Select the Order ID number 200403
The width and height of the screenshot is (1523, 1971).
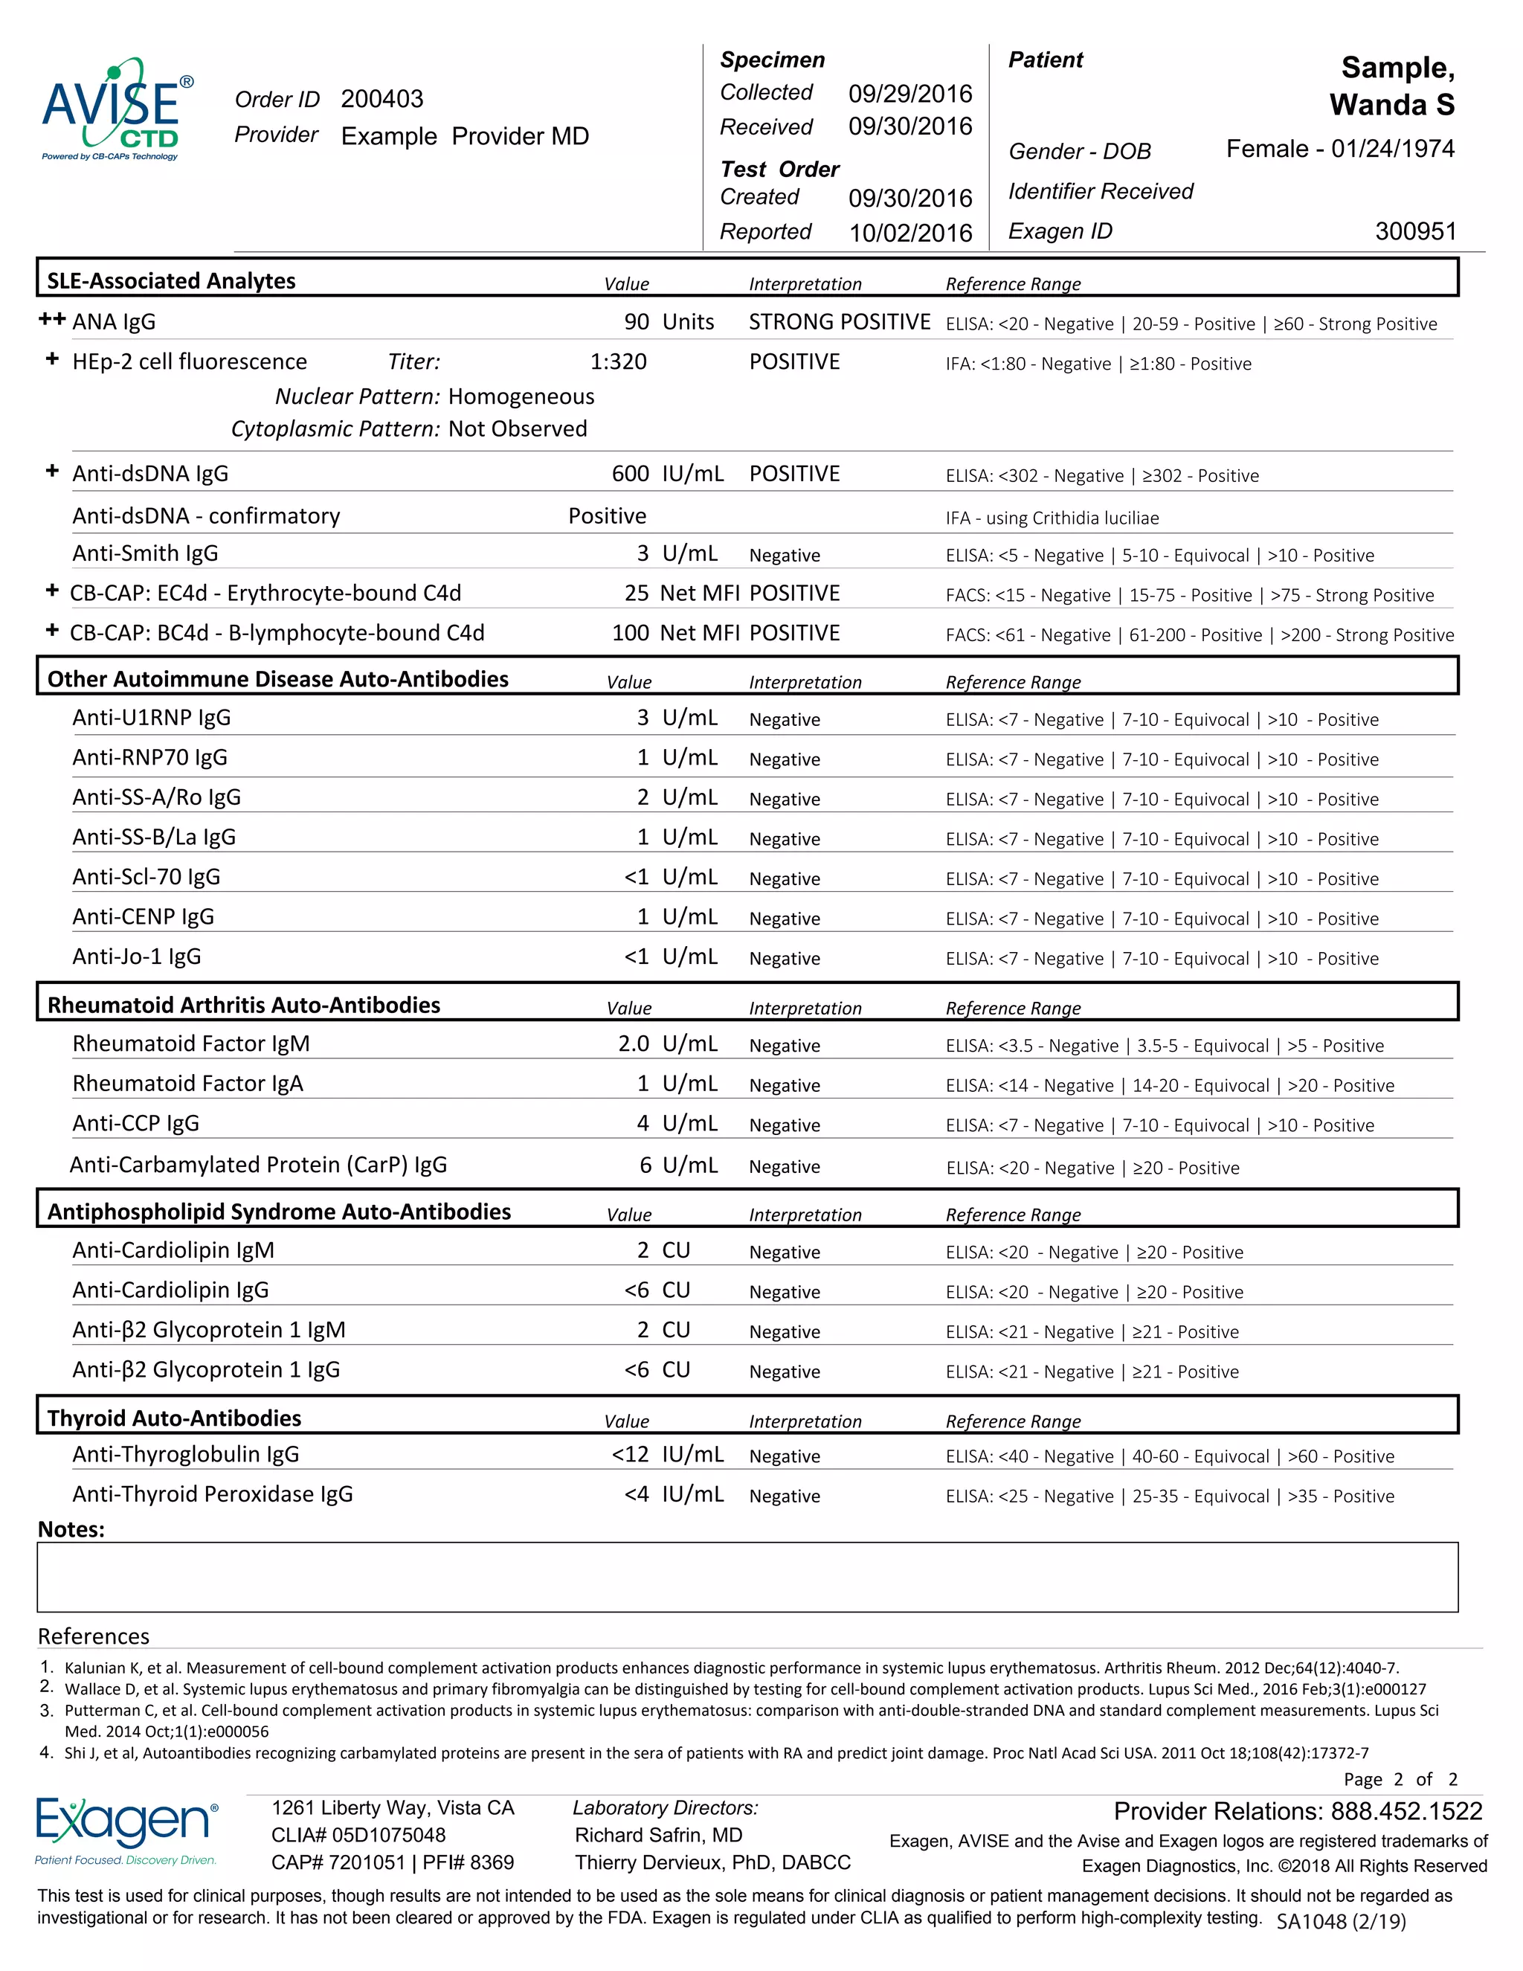click(x=381, y=98)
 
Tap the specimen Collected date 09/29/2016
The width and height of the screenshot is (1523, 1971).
click(x=909, y=93)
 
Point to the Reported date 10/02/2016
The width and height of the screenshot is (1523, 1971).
click(x=909, y=233)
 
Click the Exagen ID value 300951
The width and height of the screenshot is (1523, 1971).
click(x=1414, y=231)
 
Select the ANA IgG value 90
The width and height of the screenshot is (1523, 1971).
click(x=636, y=322)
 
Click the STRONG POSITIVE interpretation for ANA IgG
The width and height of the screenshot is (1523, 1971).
click(x=839, y=322)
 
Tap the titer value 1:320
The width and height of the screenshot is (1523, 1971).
click(x=618, y=362)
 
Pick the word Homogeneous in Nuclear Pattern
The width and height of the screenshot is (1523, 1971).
click(x=521, y=396)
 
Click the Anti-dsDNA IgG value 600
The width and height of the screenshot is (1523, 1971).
click(x=630, y=474)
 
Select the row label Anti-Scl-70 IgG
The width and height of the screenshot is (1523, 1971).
click(x=146, y=876)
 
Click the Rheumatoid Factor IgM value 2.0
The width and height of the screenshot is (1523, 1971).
click(x=634, y=1044)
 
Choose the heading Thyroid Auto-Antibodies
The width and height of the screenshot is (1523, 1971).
click(x=174, y=1418)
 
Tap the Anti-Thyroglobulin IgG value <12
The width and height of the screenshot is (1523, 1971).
click(x=630, y=1454)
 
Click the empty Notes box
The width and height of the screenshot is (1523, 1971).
click(x=747, y=1577)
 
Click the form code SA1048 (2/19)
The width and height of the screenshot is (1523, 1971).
click(x=1341, y=1921)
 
